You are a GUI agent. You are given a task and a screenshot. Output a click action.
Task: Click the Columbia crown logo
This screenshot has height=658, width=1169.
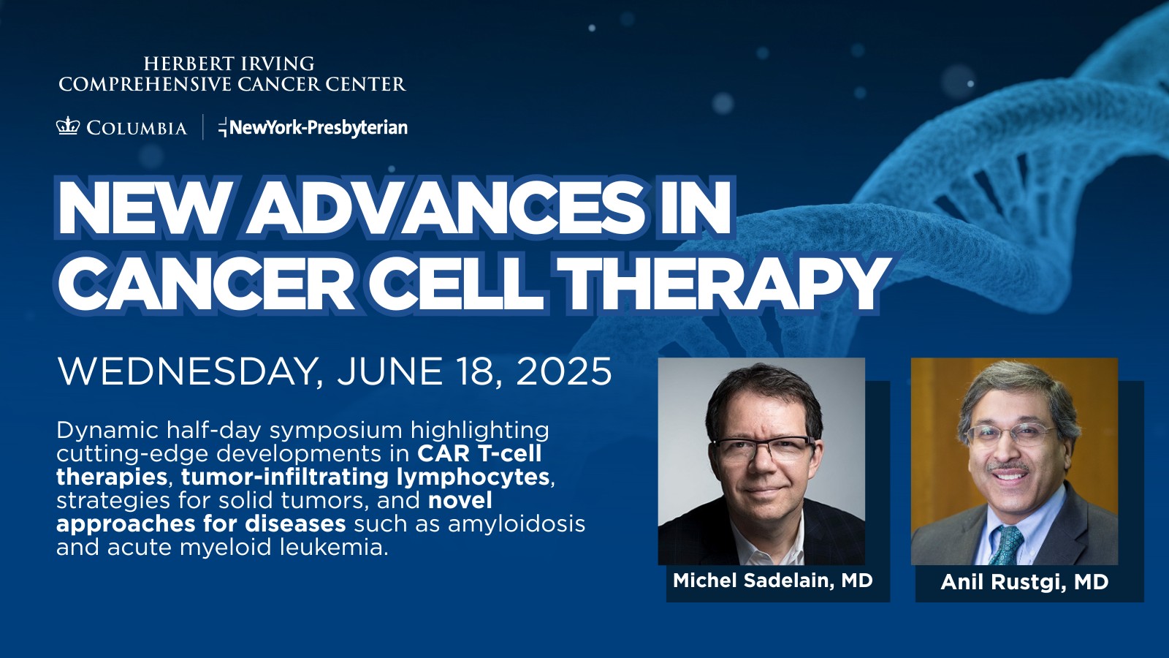pyautogui.click(x=68, y=126)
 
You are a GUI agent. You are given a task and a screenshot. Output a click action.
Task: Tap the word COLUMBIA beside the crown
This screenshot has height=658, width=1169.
pyautogui.click(x=137, y=128)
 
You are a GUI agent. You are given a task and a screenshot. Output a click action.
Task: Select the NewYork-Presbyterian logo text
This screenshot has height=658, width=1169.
pyautogui.click(x=313, y=127)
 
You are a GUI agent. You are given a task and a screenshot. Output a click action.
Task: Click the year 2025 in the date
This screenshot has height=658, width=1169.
pyautogui.click(x=564, y=371)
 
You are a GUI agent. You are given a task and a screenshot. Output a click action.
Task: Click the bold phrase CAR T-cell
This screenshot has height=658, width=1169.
pyautogui.click(x=479, y=453)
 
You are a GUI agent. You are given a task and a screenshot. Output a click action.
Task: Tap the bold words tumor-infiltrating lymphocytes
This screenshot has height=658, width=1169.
pyautogui.click(x=365, y=477)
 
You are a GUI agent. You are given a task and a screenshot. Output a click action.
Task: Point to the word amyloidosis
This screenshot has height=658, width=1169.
pyautogui.click(x=516, y=523)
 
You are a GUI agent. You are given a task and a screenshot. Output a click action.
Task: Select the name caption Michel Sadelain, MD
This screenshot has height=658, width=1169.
pyautogui.click(x=772, y=581)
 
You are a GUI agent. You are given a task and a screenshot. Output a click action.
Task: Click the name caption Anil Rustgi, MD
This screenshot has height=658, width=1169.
pyautogui.click(x=1024, y=582)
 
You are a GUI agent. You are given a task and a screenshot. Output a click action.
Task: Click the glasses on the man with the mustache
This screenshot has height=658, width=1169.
pyautogui.click(x=1011, y=434)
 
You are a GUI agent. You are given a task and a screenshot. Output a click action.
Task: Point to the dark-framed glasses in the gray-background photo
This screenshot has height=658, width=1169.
pyautogui.click(x=764, y=449)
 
